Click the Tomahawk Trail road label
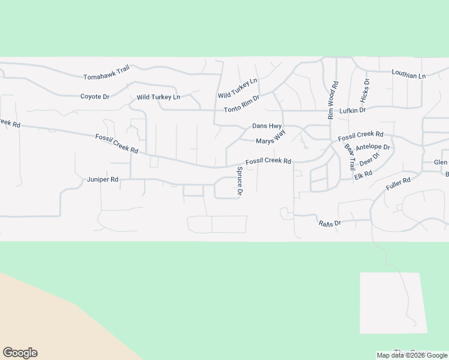(107, 73)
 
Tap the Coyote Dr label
(95, 96)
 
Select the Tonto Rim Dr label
(242, 104)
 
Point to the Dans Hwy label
(267, 126)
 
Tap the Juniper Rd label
(103, 179)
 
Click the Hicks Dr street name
(365, 90)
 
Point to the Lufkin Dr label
(352, 110)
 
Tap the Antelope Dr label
(373, 146)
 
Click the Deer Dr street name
(370, 160)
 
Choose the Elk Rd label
(364, 174)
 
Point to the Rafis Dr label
(330, 223)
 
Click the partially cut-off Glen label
(441, 163)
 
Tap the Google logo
(20, 353)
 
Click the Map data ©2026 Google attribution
(412, 355)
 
